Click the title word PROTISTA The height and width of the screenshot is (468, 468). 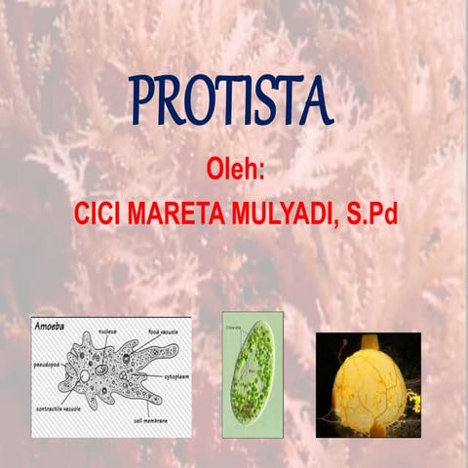click(x=232, y=99)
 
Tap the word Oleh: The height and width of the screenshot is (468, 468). click(x=236, y=169)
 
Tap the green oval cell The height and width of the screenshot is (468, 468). click(x=252, y=370)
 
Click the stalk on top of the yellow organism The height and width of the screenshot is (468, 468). click(x=369, y=342)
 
